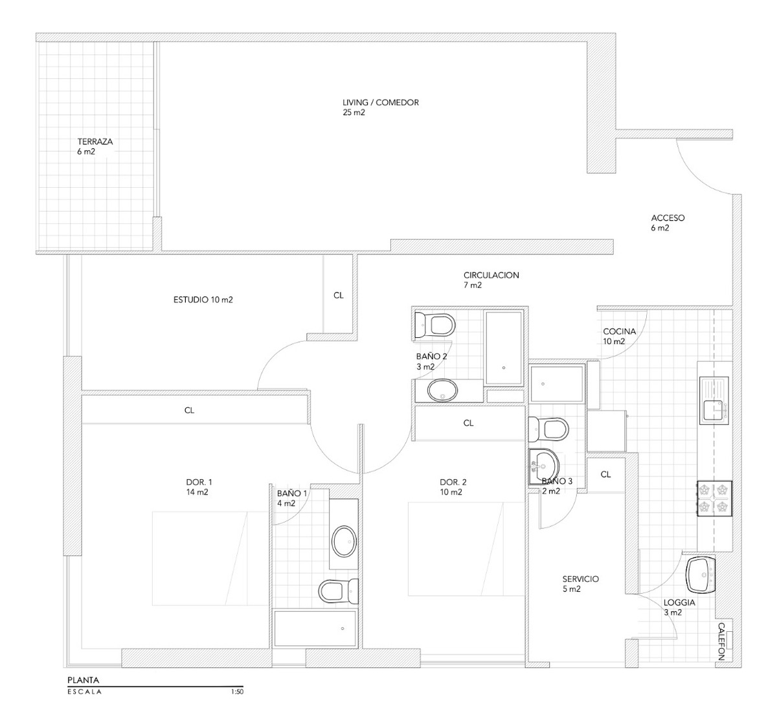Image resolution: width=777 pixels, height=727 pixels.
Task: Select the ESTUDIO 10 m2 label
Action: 203,300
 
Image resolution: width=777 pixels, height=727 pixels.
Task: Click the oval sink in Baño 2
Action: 442,390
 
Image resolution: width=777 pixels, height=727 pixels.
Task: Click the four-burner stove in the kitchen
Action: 714,498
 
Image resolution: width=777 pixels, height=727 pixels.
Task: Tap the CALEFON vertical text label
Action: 721,641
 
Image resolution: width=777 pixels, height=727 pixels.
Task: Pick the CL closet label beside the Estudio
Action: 339,295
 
